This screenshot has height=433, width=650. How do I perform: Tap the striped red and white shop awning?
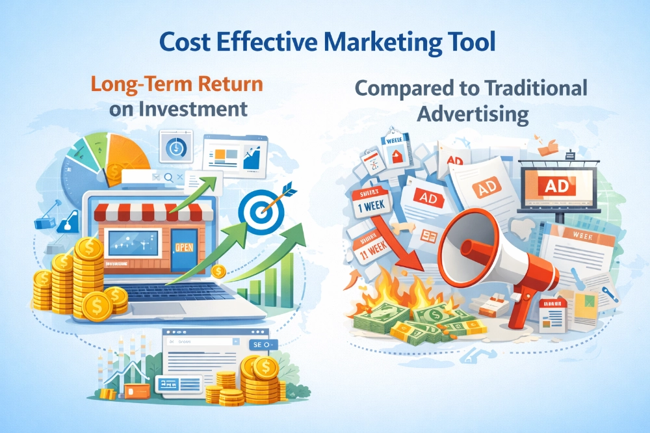click(x=154, y=209)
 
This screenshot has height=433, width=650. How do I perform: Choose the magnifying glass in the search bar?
click(x=168, y=176)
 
